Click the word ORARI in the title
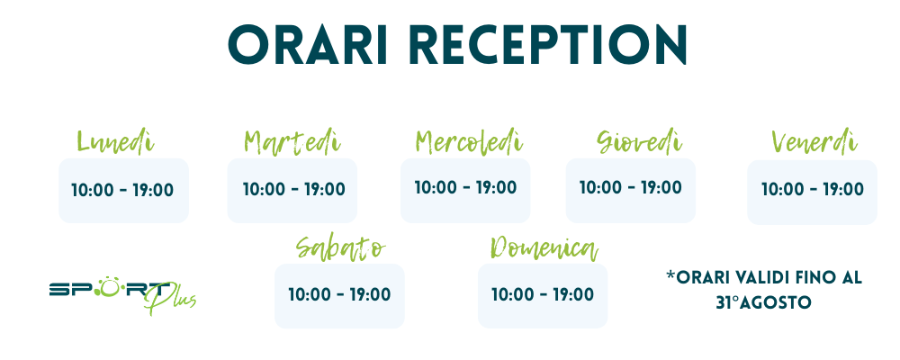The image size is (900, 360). click(308, 45)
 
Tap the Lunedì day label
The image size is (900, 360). click(115, 142)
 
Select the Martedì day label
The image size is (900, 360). click(292, 142)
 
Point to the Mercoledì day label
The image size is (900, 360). click(469, 142)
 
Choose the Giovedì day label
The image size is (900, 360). click(639, 142)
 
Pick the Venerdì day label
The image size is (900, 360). click(814, 142)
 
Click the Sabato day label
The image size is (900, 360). click(340, 247)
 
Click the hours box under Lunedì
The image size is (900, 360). click(123, 191)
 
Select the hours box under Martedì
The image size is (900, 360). click(292, 191)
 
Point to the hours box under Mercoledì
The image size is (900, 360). click(465, 191)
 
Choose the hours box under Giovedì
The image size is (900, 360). click(630, 191)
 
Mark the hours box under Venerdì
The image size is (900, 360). click(812, 192)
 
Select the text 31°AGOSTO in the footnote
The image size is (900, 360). click(763, 303)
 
